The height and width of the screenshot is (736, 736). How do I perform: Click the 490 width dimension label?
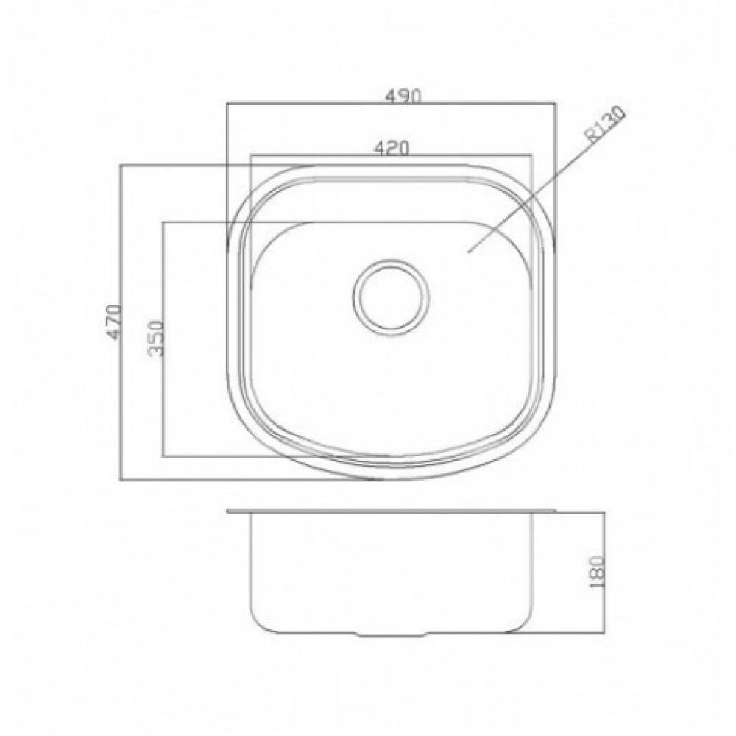coord(403,96)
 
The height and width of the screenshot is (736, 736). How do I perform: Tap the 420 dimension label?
coord(392,148)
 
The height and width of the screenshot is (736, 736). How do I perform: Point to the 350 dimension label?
coord(155,338)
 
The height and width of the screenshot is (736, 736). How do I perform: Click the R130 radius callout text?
coord(606,124)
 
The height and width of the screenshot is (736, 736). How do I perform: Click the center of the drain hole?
coord(391,297)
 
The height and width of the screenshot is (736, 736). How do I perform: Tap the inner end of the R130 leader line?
coord(467,252)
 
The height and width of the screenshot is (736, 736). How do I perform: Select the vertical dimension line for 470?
coord(121,322)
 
